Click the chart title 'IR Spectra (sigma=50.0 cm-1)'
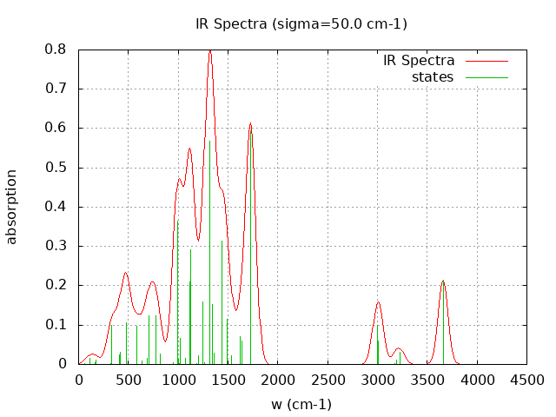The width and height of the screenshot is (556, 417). pyautogui.click(x=301, y=23)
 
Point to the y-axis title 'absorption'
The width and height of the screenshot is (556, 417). pyautogui.click(x=12, y=207)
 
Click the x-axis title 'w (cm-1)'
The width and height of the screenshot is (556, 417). pyautogui.click(x=301, y=404)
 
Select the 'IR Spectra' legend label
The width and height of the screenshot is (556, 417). pyautogui.click(x=419, y=61)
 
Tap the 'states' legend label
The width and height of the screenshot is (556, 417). pyautogui.click(x=433, y=77)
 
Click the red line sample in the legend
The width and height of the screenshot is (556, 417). pyautogui.click(x=486, y=62)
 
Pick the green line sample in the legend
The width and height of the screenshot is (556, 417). pyautogui.click(x=486, y=77)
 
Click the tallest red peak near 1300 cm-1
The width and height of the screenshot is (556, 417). pyautogui.click(x=209, y=51)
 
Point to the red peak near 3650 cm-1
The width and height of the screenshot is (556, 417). pyautogui.click(x=443, y=281)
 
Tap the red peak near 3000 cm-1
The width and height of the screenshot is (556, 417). pyautogui.click(x=378, y=302)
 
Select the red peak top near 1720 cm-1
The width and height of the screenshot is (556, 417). pyautogui.click(x=250, y=123)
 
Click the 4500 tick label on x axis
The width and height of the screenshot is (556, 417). pyautogui.click(x=526, y=380)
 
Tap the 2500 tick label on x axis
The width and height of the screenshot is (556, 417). pyautogui.click(x=328, y=380)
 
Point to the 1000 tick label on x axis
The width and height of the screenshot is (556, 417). pyautogui.click(x=178, y=380)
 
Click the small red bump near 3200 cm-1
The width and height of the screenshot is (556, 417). pyautogui.click(x=399, y=349)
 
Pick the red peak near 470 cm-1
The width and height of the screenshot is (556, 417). pyautogui.click(x=126, y=273)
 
